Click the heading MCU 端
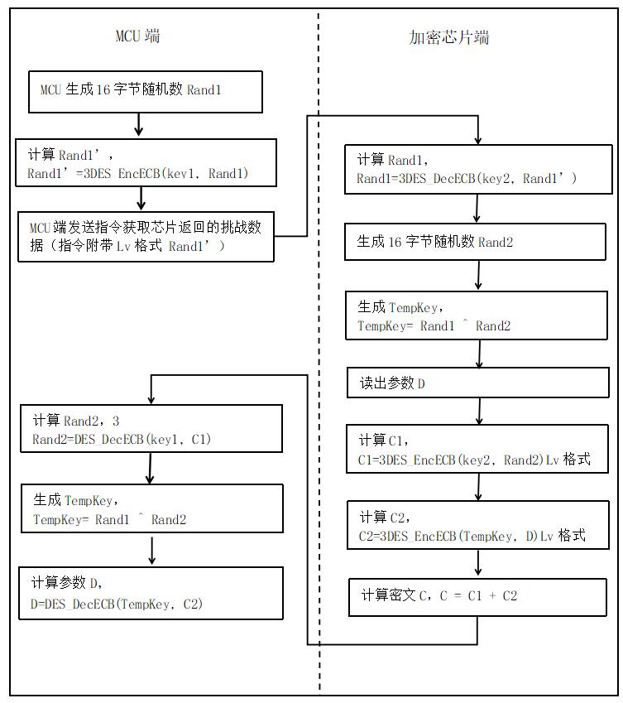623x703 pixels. [137, 36]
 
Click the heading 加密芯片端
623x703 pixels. [449, 37]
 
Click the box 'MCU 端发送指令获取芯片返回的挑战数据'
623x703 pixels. [146, 236]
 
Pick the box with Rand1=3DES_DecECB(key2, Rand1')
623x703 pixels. [475, 170]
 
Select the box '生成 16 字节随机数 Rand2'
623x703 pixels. [476, 242]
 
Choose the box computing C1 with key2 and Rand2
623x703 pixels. [476, 449]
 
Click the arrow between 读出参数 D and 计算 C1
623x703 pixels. [479, 412]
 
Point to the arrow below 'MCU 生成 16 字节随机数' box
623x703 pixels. [139, 125]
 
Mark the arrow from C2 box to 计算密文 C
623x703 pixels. [478, 563]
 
